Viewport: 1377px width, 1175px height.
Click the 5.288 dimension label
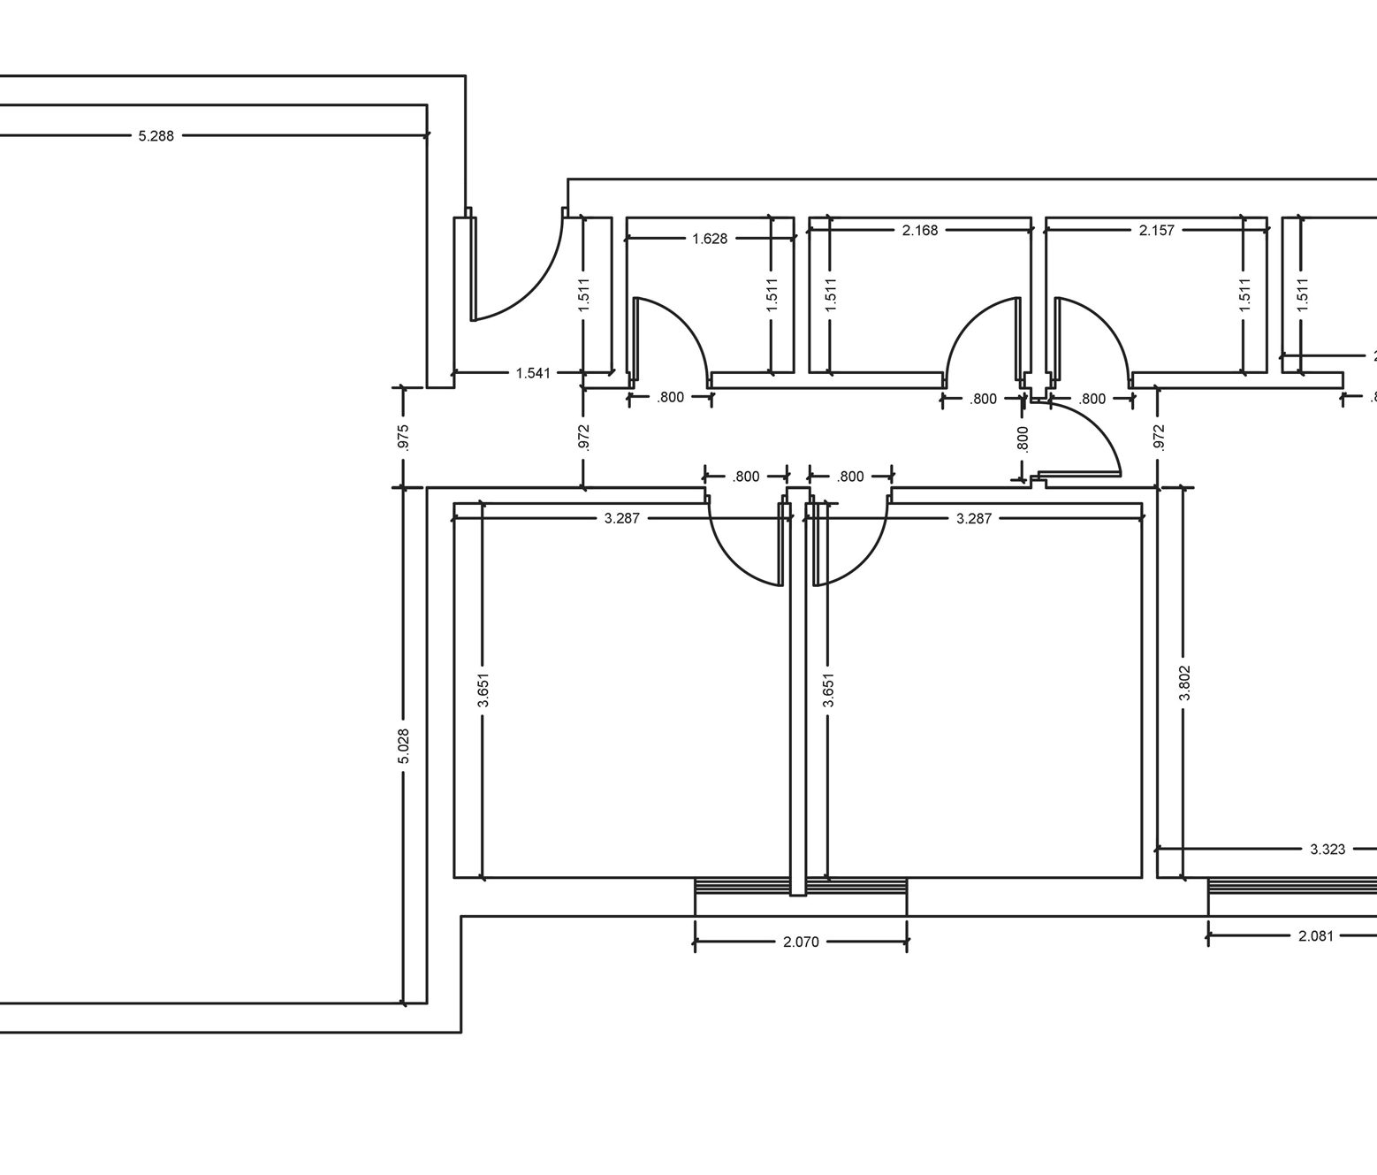[x=156, y=136]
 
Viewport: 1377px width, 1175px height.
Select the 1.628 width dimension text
[x=710, y=239]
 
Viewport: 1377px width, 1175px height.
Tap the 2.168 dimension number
[x=920, y=231]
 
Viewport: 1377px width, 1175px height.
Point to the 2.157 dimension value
[x=1157, y=231]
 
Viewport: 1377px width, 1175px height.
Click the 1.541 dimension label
[x=533, y=373]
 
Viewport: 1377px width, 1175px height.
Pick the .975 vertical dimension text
[x=403, y=438]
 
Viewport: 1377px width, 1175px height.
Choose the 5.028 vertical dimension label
[x=403, y=746]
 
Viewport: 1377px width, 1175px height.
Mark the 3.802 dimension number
[x=1184, y=683]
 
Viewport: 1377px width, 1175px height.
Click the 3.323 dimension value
[x=1327, y=850]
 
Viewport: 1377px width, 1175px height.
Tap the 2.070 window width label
[x=801, y=942]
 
